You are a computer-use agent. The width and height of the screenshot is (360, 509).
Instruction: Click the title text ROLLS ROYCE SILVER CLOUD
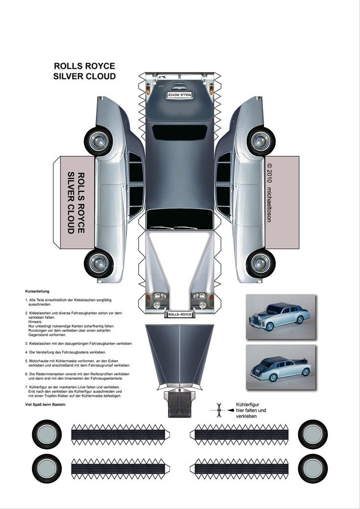85,71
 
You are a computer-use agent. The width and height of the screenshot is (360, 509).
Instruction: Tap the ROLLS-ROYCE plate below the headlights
180,315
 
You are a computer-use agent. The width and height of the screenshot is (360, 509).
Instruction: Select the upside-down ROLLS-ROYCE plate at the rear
179,94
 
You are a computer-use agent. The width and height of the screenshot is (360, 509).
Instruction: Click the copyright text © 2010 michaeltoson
269,193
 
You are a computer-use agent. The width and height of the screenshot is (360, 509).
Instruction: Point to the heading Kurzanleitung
37,291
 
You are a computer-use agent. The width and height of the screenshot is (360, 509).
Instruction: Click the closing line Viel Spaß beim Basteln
45,404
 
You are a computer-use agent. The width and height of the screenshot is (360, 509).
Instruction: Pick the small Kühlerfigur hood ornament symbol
219,410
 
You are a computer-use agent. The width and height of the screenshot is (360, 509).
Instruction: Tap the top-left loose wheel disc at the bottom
47,434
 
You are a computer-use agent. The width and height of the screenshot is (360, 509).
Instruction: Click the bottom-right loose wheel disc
313,468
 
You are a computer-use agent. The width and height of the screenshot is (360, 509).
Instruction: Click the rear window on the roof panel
179,132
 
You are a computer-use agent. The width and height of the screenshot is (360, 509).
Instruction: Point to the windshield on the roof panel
179,219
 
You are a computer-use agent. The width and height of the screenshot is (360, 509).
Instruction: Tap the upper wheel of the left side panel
98,141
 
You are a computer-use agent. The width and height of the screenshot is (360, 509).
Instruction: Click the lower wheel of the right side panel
260,263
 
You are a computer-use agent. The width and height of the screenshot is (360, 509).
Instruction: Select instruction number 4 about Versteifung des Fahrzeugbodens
66,352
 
